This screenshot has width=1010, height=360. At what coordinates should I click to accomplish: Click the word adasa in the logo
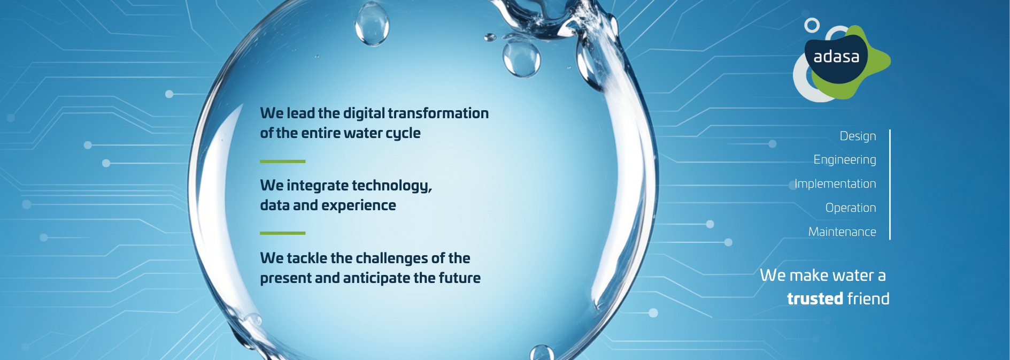(x=836, y=57)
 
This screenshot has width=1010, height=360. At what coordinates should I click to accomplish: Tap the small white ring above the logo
(x=812, y=25)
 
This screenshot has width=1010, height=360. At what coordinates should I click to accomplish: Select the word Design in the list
(x=858, y=136)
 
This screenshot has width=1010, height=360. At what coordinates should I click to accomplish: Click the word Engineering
(x=845, y=160)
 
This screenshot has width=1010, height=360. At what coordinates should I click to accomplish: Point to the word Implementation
(x=835, y=183)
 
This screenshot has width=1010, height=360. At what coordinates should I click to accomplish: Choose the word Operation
(x=851, y=208)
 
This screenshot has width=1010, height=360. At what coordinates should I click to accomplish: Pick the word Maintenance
(x=842, y=232)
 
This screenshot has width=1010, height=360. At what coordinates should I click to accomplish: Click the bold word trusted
(x=815, y=298)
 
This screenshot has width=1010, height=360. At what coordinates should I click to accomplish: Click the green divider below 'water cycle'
(x=282, y=161)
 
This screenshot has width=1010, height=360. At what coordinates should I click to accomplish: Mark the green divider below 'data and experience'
(x=282, y=233)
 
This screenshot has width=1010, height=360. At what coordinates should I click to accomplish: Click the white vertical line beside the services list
(x=890, y=185)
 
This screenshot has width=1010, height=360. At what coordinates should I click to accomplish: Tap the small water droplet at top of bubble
(x=372, y=24)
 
